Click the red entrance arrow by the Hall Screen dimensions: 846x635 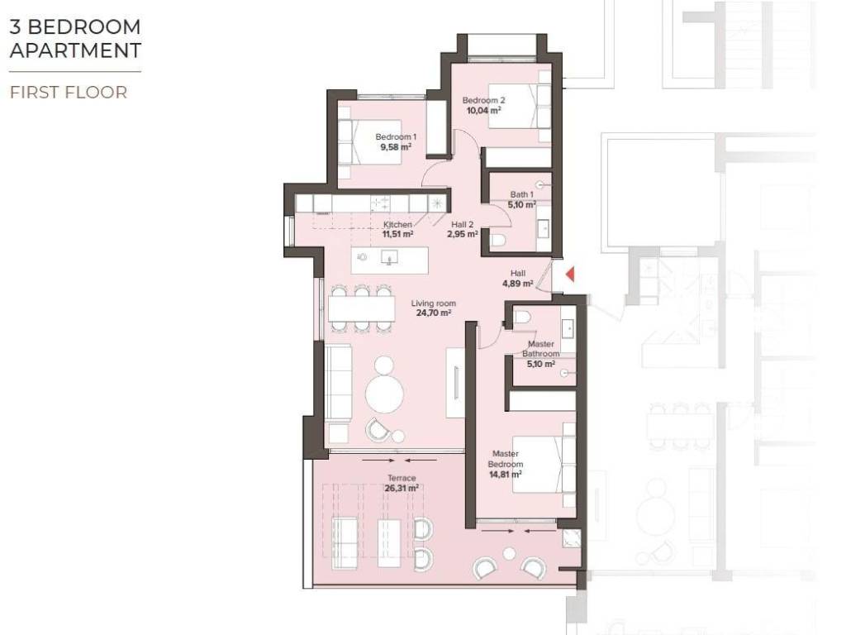pos(570,275)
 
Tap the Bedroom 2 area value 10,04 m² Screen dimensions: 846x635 pos(483,110)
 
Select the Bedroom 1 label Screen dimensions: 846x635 pos(396,137)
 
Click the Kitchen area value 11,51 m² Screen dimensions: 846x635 pos(397,234)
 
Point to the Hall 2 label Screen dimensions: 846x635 pos(463,225)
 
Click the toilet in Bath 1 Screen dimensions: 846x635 pos(497,241)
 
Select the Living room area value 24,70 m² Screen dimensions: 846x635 pos(434,313)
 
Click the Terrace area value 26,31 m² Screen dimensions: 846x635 pos(402,488)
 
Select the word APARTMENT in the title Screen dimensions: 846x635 pos(75,50)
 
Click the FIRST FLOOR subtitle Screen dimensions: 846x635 pos(69,93)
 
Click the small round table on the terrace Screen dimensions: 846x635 pos(509,553)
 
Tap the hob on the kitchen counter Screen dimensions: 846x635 pos(380,203)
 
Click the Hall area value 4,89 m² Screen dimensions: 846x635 pos(518,283)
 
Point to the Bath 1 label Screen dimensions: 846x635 pos(522,194)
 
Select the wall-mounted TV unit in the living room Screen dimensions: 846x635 pos(456,383)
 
